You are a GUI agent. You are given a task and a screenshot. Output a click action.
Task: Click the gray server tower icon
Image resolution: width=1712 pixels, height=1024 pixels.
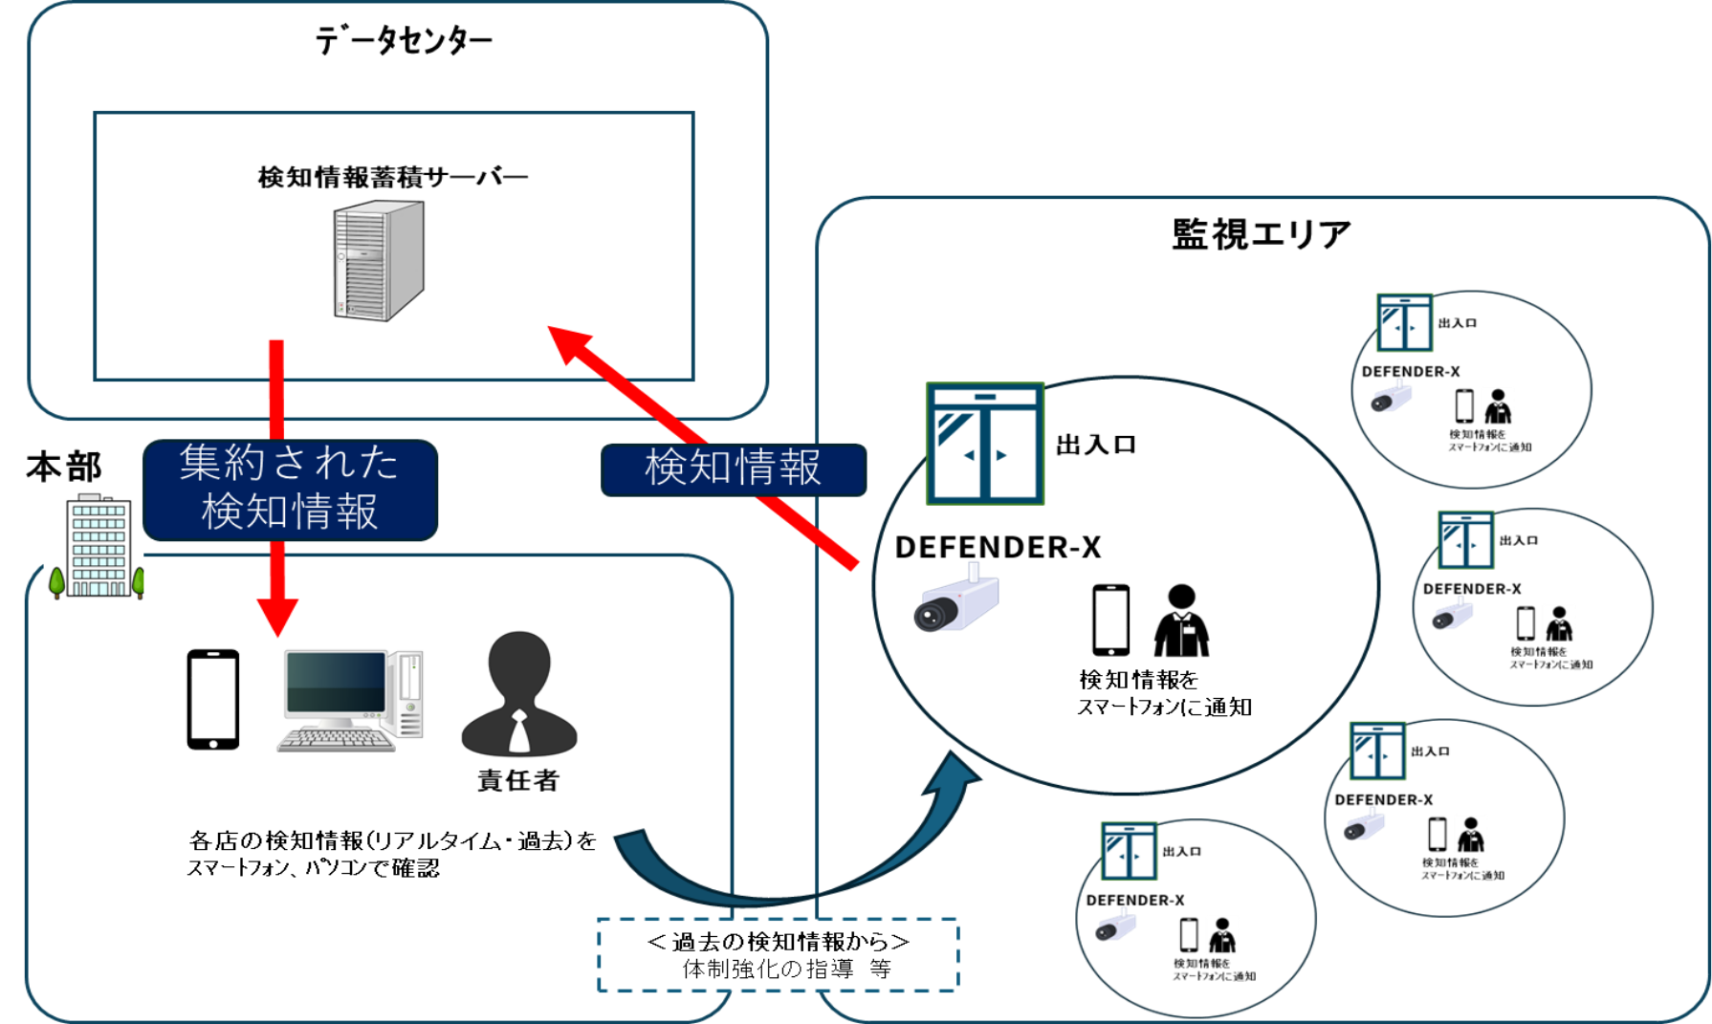point(379,260)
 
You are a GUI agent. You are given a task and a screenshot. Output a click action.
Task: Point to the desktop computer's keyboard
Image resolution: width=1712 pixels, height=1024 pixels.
point(335,739)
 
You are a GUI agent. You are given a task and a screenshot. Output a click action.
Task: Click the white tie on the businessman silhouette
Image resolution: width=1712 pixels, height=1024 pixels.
point(518,732)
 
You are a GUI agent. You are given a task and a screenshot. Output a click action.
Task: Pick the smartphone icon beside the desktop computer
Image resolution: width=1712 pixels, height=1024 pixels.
point(213,698)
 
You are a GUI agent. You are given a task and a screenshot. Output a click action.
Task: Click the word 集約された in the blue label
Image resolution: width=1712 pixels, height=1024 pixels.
point(289,464)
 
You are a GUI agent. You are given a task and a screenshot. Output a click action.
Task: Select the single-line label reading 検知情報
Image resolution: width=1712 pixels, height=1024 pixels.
point(733,468)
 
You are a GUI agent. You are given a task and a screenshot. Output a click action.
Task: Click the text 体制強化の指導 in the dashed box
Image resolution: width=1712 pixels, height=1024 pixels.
point(767,970)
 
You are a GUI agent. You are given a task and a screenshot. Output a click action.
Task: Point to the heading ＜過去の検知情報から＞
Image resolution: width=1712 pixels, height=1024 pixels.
point(778,942)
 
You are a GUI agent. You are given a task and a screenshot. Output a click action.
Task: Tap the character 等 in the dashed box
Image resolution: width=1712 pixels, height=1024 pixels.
point(880,970)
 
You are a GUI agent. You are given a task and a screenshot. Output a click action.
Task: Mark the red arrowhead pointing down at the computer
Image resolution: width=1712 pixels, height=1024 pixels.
point(277,617)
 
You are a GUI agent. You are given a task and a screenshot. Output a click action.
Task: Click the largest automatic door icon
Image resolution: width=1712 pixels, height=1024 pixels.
point(984,444)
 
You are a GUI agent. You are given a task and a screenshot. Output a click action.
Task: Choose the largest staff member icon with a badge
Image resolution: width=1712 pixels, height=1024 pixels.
point(1181,620)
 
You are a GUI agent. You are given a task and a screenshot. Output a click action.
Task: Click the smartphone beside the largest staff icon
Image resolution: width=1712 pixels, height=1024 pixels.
point(1110,620)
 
